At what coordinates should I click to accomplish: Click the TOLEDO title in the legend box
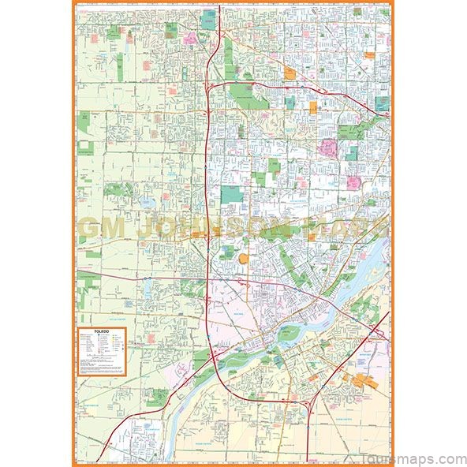[x=99, y=334]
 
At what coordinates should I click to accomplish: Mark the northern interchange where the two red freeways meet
[x=212, y=84]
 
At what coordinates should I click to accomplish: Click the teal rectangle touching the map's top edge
[x=208, y=18]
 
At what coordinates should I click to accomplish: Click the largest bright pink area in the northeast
[x=327, y=148]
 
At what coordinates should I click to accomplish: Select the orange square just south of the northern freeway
[x=313, y=106]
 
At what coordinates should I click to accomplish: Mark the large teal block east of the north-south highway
[x=231, y=194]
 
